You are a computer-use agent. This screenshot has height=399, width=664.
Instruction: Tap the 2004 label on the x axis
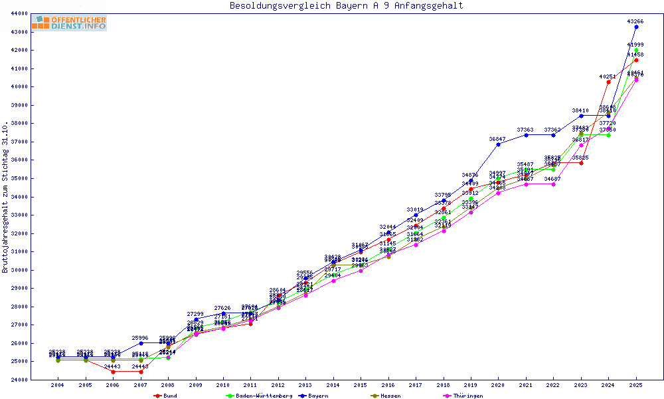(x=58, y=385)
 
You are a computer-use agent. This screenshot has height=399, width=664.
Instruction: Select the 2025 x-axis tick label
(x=636, y=385)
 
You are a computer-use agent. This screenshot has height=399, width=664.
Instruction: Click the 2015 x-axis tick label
(x=361, y=385)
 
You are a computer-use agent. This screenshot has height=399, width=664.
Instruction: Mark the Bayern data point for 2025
(x=636, y=27)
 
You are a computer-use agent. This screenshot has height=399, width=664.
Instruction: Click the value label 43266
(x=635, y=21)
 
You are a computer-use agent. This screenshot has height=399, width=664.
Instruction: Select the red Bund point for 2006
(x=113, y=372)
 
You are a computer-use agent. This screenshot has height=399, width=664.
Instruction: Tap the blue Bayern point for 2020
(x=498, y=144)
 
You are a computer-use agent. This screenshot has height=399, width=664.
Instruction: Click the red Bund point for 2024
(x=608, y=82)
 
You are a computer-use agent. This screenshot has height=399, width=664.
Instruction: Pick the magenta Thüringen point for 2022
(x=553, y=184)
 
